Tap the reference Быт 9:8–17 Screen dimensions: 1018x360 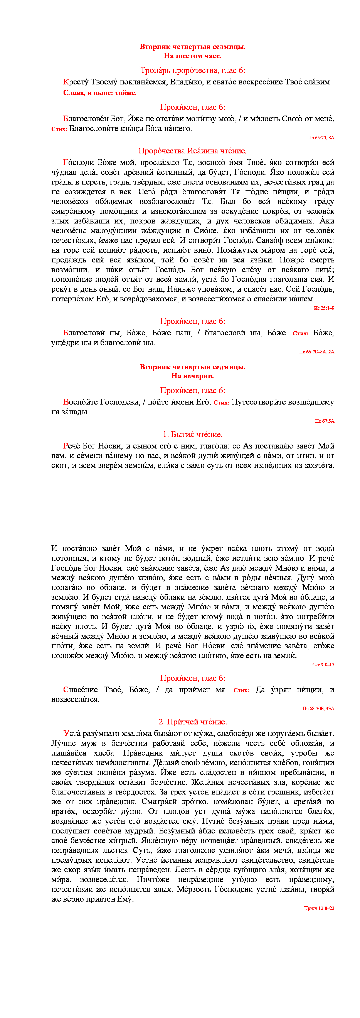(323, 665)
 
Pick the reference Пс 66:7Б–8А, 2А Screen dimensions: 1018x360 (316, 352)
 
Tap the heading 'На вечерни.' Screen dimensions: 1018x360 (192, 376)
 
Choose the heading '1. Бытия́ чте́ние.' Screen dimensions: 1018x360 (192, 434)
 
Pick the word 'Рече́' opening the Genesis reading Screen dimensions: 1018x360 (72, 446)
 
